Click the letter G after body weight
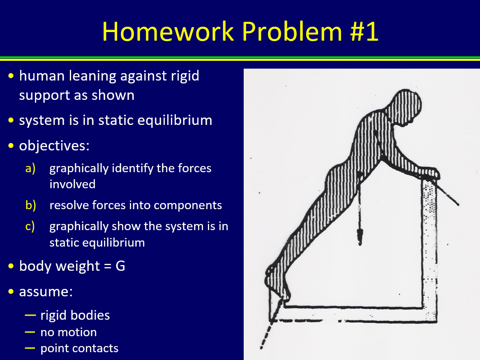tap(120, 266)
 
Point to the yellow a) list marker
tap(30, 168)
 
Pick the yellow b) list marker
tap(30, 205)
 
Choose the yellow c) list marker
tap(30, 226)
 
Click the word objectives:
tap(54, 146)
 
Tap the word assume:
tap(46, 291)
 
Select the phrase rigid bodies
tap(75, 315)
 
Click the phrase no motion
tap(69, 332)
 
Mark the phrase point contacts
tap(79, 348)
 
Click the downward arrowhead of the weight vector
tap(360, 236)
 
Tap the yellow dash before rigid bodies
tap(30, 315)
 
